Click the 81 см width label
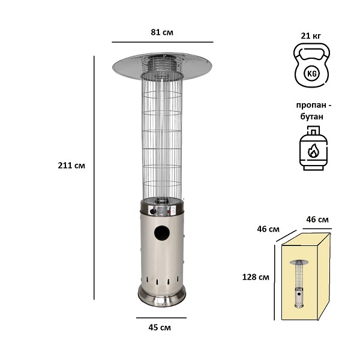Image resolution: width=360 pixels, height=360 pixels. [x=162, y=32]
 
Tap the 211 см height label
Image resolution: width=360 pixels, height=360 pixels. [x=71, y=166]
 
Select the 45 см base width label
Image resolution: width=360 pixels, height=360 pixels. [x=160, y=328]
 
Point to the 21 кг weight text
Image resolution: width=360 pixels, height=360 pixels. [x=311, y=36]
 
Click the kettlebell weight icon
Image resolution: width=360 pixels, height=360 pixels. [x=312, y=65]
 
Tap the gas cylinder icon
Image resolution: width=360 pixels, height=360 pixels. [x=313, y=148]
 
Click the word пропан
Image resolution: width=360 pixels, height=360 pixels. [x=311, y=105]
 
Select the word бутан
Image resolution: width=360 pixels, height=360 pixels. [x=312, y=116]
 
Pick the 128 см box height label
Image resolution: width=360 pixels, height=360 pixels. [x=256, y=277]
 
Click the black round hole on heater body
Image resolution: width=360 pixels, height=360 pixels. [x=162, y=233]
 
